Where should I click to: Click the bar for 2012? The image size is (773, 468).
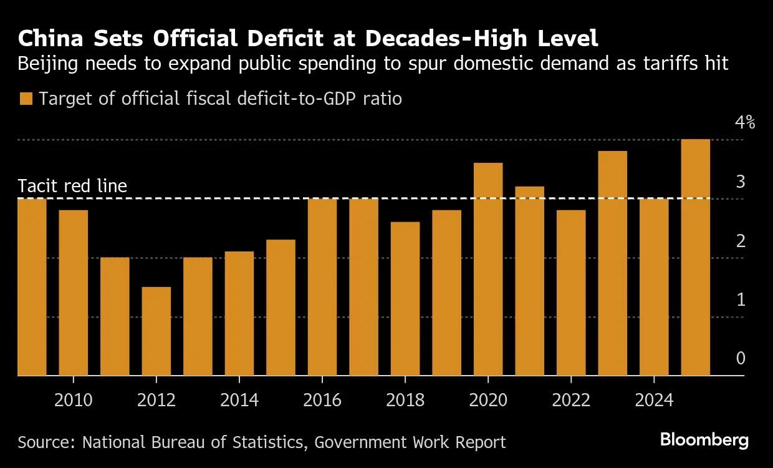pos(156,331)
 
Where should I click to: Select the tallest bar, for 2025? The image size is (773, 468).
pos(696,257)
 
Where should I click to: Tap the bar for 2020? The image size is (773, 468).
pos(488,269)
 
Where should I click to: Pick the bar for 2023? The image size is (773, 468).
pos(612,263)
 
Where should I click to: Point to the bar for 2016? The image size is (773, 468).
pos(322,287)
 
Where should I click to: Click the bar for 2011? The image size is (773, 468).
pos(115,316)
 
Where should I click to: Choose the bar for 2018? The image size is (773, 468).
pos(405,299)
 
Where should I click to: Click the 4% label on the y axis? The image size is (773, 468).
pos(744,122)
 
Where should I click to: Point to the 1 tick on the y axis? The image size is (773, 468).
pos(741,300)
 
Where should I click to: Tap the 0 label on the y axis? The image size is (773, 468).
pos(741,358)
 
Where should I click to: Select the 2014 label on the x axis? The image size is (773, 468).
pos(239,399)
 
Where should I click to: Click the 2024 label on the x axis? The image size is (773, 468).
pos(653,399)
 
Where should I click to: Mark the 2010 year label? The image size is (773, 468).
pos(74,399)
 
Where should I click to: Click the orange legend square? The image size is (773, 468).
pos(26,99)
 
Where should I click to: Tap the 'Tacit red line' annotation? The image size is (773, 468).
pos(72,186)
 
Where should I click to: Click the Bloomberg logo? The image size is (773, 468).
pos(704,440)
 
